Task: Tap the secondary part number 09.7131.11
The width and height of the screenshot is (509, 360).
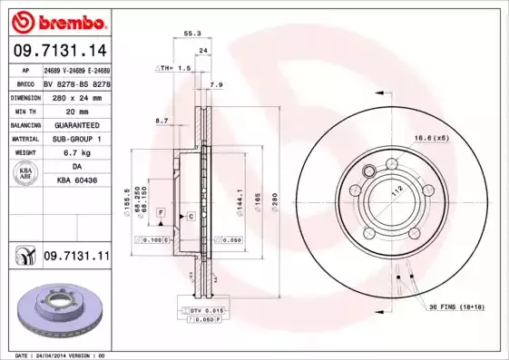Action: click(x=75, y=258)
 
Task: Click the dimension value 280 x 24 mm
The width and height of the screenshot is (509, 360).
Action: click(x=75, y=96)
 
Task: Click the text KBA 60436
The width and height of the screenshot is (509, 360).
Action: click(x=75, y=181)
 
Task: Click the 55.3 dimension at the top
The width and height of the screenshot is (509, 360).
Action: click(x=192, y=33)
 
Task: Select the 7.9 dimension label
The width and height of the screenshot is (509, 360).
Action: click(x=216, y=85)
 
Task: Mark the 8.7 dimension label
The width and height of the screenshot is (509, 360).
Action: click(x=162, y=120)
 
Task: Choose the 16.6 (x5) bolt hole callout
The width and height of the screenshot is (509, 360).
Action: click(x=433, y=137)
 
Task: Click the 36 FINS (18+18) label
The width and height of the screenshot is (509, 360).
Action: click(x=459, y=307)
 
